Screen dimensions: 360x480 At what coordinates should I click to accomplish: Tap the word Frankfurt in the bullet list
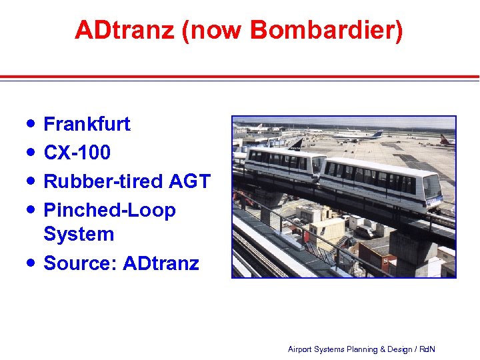(87, 124)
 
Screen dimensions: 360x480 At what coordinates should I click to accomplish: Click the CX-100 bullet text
(77, 153)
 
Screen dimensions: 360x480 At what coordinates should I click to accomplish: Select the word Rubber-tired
(103, 181)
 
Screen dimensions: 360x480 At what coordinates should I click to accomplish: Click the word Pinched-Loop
(109, 211)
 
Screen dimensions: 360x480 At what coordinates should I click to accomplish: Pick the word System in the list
(79, 234)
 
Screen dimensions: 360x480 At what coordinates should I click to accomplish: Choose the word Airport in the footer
(301, 349)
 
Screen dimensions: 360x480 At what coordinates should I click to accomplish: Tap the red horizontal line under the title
(240, 77)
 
